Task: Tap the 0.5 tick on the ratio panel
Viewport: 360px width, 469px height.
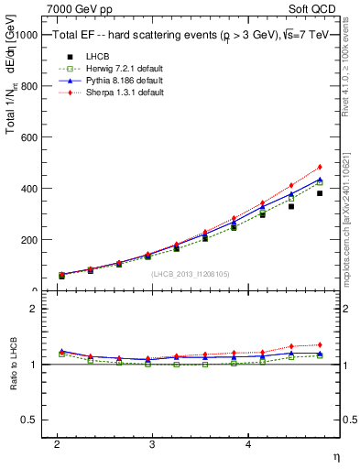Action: click(x=28, y=420)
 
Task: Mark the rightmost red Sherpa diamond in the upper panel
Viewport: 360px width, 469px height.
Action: click(x=320, y=168)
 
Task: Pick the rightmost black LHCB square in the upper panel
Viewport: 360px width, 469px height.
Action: click(x=320, y=193)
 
